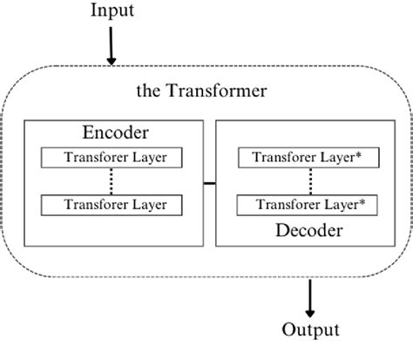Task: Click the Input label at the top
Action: [112, 12]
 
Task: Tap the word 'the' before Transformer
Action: [149, 90]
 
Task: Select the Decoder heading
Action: [309, 231]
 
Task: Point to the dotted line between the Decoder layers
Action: [310, 181]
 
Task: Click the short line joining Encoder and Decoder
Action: [208, 183]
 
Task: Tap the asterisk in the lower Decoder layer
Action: [362, 202]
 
